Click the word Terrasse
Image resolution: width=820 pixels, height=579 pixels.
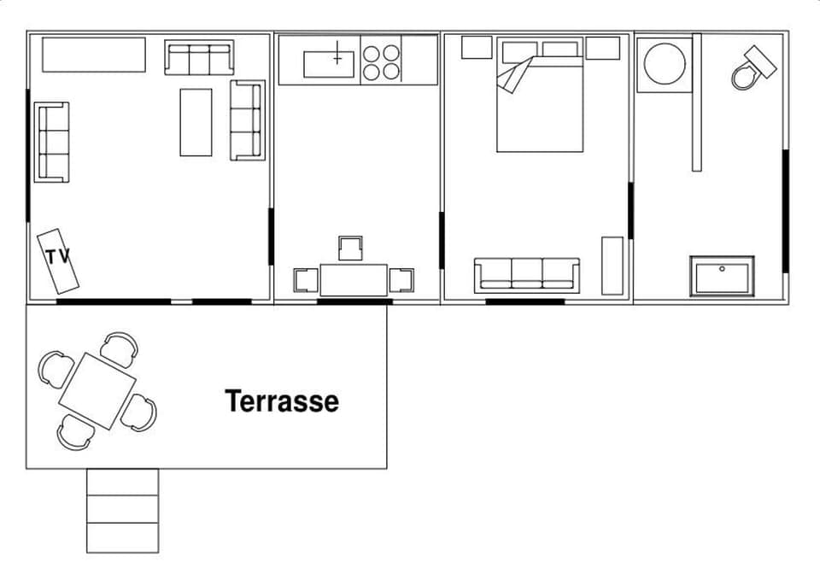point(281,401)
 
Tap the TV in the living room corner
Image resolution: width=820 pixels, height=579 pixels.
point(60,259)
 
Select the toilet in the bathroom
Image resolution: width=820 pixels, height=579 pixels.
point(752,68)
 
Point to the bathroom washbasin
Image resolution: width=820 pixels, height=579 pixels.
point(722,277)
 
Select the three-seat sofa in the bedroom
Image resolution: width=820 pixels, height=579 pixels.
point(527,275)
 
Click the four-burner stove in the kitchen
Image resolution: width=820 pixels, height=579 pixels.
point(381,61)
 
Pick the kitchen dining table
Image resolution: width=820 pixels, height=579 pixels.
point(354,279)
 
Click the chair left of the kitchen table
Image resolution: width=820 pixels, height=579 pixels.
point(306,279)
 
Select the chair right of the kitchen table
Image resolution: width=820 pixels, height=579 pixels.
point(401,279)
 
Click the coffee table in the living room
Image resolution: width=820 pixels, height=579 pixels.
point(196,122)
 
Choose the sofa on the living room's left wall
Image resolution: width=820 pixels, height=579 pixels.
point(51,142)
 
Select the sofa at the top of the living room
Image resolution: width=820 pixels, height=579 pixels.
point(199,58)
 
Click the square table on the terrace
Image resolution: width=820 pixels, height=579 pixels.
point(97,390)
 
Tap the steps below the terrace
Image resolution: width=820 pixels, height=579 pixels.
point(122,510)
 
